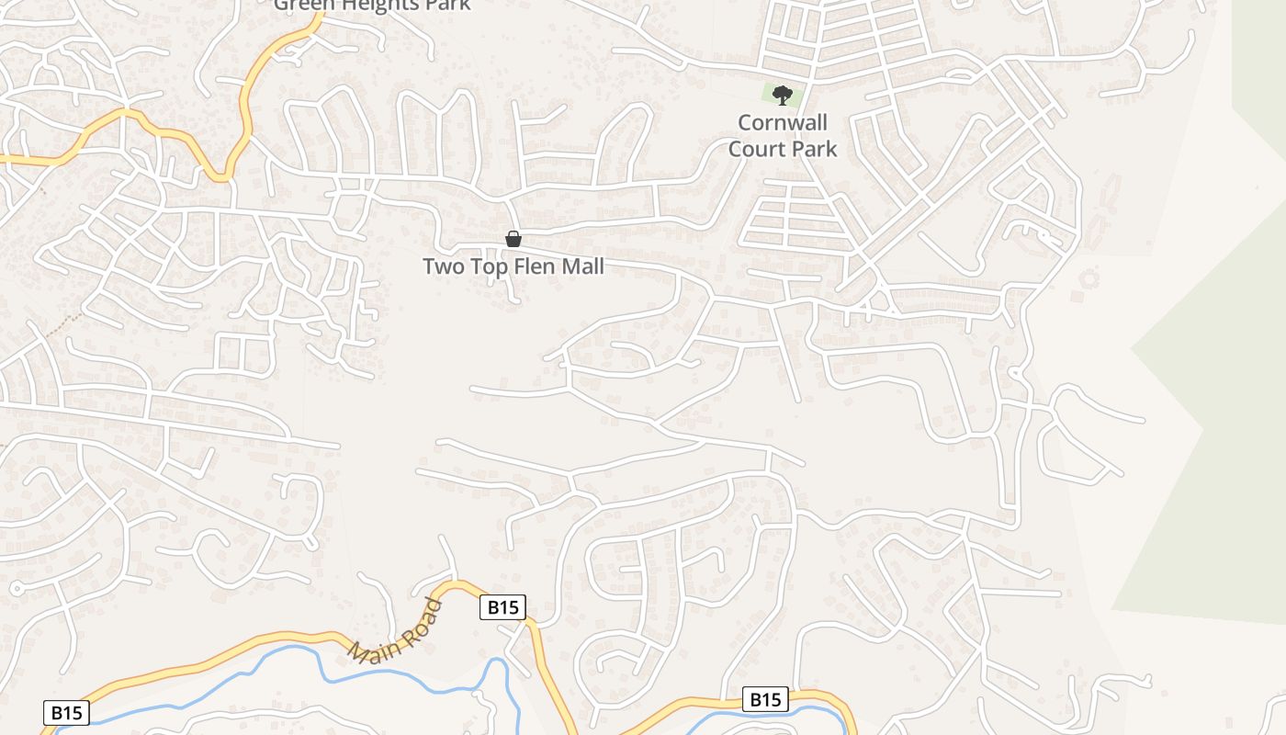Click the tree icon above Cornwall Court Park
pyautogui.click(x=783, y=94)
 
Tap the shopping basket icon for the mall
pyautogui.click(x=513, y=239)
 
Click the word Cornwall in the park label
pyautogui.click(x=783, y=123)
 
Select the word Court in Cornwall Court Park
pyautogui.click(x=757, y=148)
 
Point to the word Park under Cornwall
pyautogui.click(x=812, y=148)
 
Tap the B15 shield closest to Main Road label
pyautogui.click(x=502, y=607)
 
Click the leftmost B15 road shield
pyautogui.click(x=65, y=712)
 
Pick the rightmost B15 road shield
pyautogui.click(x=764, y=700)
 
